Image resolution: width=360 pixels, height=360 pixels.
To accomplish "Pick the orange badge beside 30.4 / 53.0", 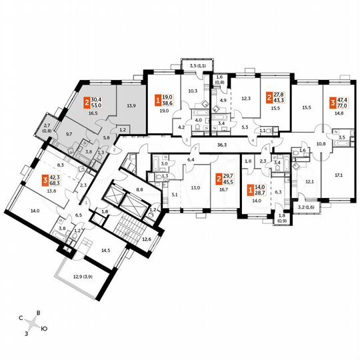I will point(87,103).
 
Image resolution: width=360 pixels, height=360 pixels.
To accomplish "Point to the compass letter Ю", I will point(44,329).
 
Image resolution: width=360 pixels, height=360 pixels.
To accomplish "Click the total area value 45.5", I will point(228,181).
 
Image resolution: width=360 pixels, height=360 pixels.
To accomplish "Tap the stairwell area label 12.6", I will point(147,237).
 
